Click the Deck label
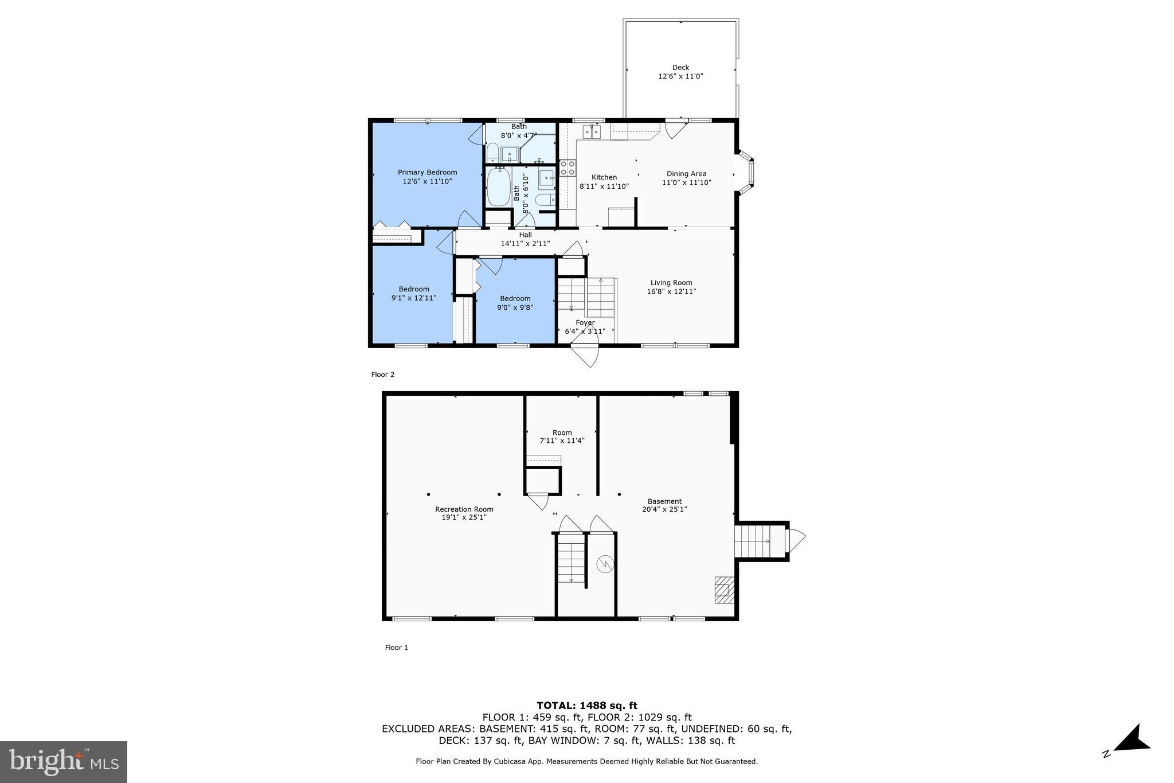[x=680, y=68]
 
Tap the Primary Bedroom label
[x=428, y=173]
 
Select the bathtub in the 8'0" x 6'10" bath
[x=499, y=188]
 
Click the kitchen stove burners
[x=568, y=167]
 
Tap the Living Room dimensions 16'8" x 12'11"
[x=671, y=291]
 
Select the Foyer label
[x=585, y=323]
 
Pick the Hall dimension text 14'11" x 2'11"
[x=525, y=244]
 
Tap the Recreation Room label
[x=464, y=509]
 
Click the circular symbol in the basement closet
[x=605, y=564]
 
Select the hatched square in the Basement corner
[x=725, y=590]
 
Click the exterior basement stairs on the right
[x=760, y=541]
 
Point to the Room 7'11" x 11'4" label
[x=562, y=437]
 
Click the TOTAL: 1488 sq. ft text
[x=587, y=706]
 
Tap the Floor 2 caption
[x=383, y=375]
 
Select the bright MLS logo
[x=64, y=762]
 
